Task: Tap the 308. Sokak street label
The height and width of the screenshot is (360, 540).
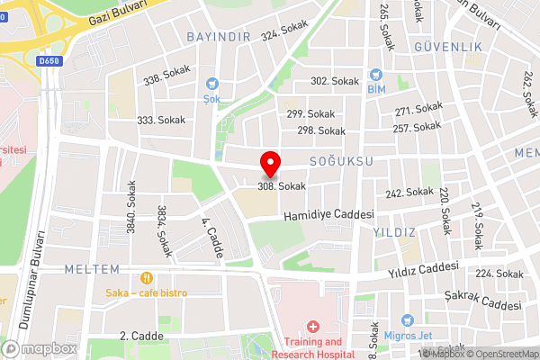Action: [281, 186]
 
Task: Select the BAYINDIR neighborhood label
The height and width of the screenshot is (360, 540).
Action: [217, 37]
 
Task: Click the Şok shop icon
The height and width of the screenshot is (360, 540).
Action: [212, 83]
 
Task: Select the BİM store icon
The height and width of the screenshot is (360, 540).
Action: [376, 75]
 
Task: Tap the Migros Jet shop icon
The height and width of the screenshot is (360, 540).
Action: [408, 320]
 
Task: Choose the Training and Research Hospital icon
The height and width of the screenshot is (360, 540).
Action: [313, 327]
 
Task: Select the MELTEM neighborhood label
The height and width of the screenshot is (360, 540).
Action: [92, 269]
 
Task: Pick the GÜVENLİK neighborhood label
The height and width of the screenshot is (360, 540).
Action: [449, 46]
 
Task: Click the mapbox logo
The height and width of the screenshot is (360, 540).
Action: [38, 348]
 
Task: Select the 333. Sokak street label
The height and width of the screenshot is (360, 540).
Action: [161, 120]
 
